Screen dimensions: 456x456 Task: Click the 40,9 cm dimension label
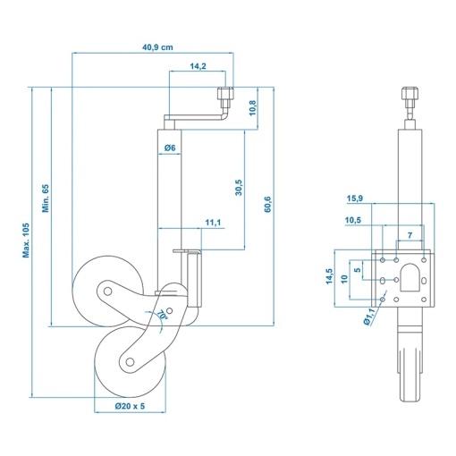pyautogui.click(x=157, y=47)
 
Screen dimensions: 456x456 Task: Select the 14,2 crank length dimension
pyautogui.click(x=198, y=66)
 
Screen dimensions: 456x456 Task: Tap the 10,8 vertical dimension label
pyautogui.click(x=252, y=108)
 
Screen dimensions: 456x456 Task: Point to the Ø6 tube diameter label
pyautogui.click(x=170, y=148)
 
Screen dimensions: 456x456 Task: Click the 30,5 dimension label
pyautogui.click(x=239, y=188)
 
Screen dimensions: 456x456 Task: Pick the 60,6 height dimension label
pyautogui.click(x=267, y=204)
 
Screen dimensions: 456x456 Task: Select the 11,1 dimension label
pyautogui.click(x=213, y=223)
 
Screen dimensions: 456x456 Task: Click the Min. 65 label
pyautogui.click(x=46, y=198)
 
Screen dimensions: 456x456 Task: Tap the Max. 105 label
pyautogui.click(x=26, y=241)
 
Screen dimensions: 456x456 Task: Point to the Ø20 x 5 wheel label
pyautogui.click(x=130, y=406)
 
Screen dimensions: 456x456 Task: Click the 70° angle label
pyautogui.click(x=162, y=315)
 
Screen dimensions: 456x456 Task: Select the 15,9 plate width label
pyautogui.click(x=355, y=198)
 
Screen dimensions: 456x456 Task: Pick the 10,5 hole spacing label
pyautogui.click(x=353, y=220)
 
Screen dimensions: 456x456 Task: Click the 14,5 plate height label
pyautogui.click(x=329, y=275)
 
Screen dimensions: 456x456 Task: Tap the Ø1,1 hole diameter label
pyautogui.click(x=369, y=317)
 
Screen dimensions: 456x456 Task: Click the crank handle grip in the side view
pyautogui.click(x=226, y=93)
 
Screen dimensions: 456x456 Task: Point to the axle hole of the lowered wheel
pyautogui.click(x=130, y=362)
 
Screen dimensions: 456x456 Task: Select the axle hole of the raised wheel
pyautogui.click(x=107, y=291)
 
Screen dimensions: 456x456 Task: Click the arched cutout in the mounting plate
pyautogui.click(x=410, y=277)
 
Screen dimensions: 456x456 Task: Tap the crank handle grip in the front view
pyautogui.click(x=410, y=93)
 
